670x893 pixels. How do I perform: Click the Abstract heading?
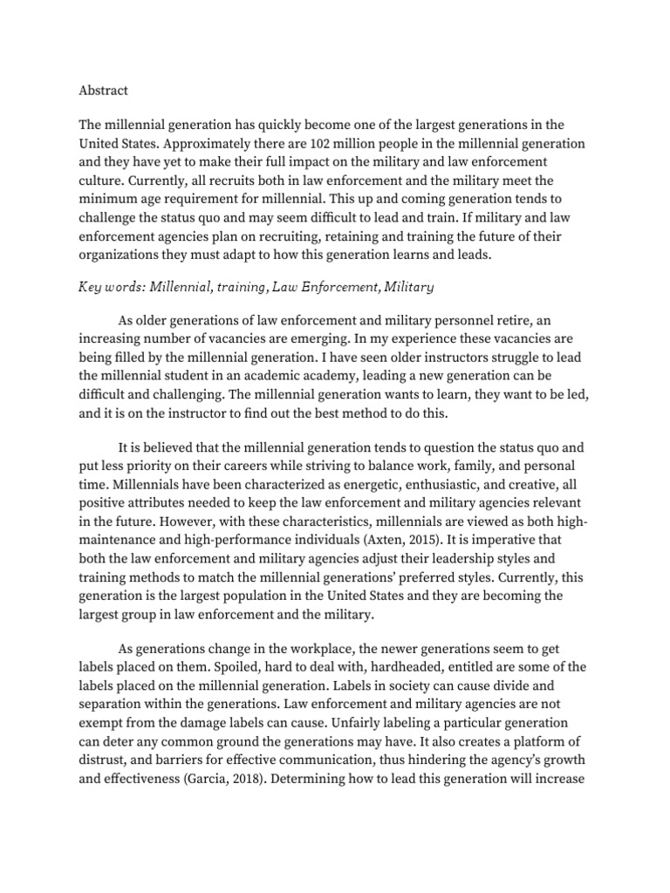(x=103, y=91)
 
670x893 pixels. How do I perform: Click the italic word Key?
(x=92, y=286)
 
